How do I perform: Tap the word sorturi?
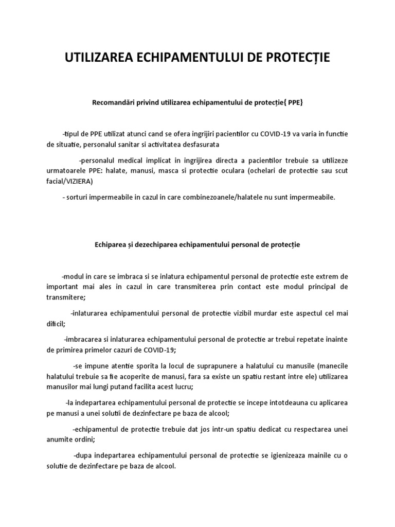(x=79, y=197)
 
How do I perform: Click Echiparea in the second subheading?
(x=112, y=245)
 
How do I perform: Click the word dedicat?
(x=240, y=429)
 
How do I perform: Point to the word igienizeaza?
(x=287, y=456)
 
